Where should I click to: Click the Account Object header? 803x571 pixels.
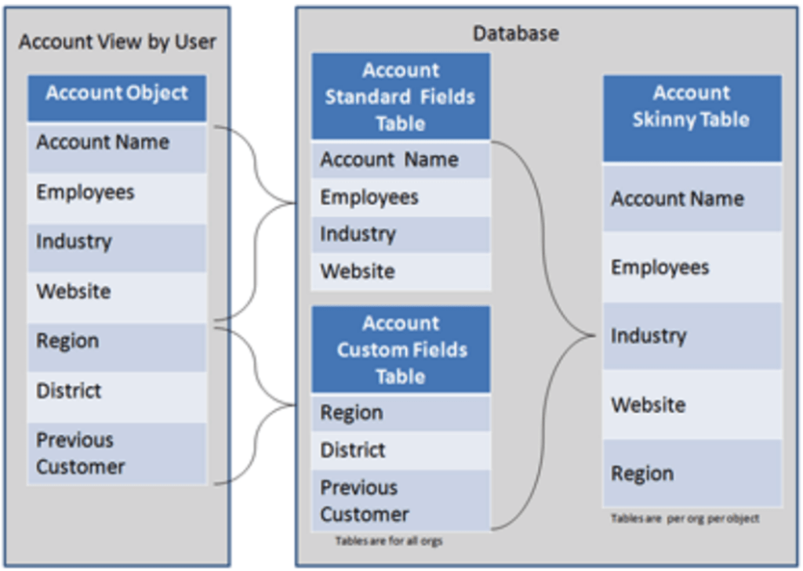(x=117, y=94)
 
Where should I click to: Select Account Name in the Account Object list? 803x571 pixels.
(x=103, y=143)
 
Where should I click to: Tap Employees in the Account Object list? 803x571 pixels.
(x=85, y=193)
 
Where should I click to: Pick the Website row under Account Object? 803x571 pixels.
(x=74, y=292)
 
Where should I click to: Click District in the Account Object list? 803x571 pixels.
(x=69, y=391)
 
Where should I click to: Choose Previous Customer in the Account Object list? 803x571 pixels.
(x=81, y=454)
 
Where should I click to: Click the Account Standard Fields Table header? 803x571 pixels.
(x=401, y=97)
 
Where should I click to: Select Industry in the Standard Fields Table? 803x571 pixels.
(x=358, y=234)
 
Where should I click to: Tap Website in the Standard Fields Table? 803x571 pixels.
(x=358, y=272)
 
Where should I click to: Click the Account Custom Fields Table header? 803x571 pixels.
(x=401, y=350)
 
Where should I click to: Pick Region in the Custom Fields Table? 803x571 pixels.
(x=351, y=414)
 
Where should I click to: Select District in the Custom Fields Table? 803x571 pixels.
(x=353, y=450)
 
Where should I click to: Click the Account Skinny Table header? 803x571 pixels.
(x=692, y=107)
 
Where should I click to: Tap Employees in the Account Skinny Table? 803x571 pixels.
(x=660, y=268)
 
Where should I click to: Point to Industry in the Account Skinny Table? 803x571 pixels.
(x=649, y=337)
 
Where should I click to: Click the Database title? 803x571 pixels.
(x=516, y=34)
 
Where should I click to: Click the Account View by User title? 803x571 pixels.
(x=117, y=42)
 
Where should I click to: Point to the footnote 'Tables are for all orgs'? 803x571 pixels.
(x=389, y=541)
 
